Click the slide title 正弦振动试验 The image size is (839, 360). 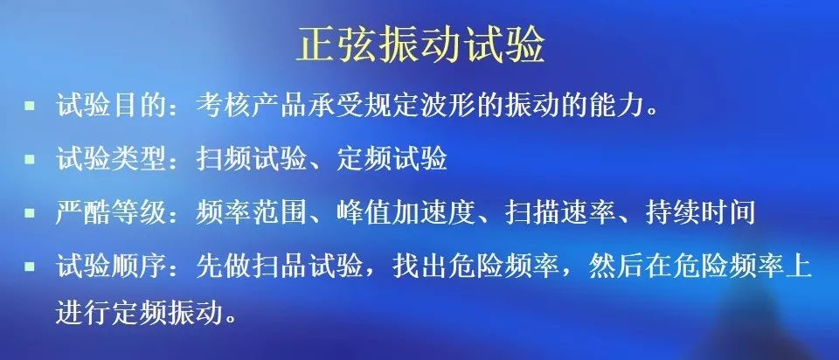click(x=420, y=44)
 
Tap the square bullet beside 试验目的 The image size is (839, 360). click(x=30, y=105)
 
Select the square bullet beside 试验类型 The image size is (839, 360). click(x=30, y=159)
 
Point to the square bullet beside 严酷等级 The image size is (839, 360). click(x=30, y=213)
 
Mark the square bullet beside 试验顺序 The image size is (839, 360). click(x=30, y=266)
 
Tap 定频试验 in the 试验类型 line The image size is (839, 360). click(x=392, y=159)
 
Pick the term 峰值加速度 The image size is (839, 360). click(x=406, y=213)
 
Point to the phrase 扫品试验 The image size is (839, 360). click(x=307, y=267)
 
